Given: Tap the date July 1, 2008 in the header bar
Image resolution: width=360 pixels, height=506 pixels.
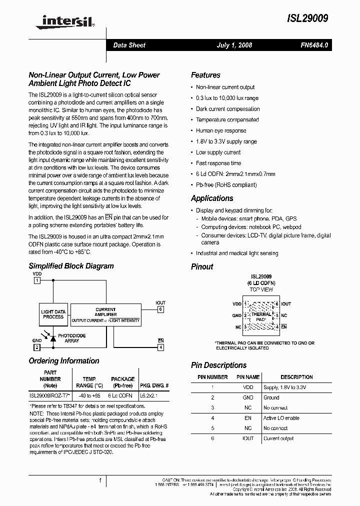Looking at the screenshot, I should click(234, 45).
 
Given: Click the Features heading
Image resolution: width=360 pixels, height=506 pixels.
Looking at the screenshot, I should click(205, 75).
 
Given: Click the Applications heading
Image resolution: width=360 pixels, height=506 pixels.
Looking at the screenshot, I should click(212, 198).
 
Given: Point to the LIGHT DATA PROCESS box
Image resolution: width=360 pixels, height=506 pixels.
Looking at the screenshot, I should click(53, 314).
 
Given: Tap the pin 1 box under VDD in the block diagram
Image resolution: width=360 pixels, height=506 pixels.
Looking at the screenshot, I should click(36, 281).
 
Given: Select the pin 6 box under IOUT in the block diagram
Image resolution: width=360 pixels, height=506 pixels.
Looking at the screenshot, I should click(160, 309).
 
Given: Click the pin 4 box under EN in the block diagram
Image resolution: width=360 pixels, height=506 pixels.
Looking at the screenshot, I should click(160, 347).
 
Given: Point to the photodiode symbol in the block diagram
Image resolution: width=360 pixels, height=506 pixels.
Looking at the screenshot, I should click(53, 338).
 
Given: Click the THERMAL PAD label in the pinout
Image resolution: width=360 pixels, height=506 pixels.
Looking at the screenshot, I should click(260, 316).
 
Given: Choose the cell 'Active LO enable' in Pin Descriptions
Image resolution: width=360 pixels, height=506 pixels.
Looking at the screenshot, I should click(281, 418).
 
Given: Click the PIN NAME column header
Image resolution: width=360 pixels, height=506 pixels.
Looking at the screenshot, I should click(248, 377).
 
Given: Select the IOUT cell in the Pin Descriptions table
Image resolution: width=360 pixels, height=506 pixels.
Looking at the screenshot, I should click(248, 438).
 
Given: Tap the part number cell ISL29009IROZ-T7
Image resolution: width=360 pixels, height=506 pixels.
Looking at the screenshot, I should click(49, 395).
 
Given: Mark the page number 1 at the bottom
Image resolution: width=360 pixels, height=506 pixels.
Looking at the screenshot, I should click(100, 481).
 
